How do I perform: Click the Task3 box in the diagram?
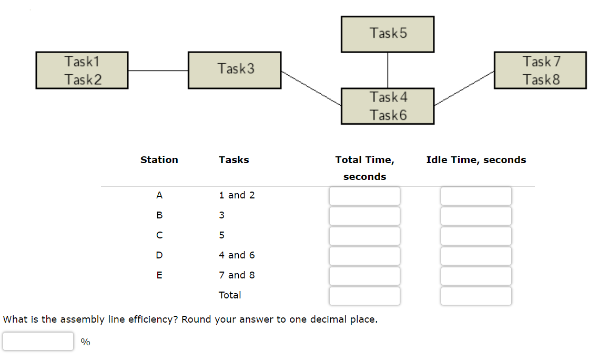click(x=235, y=69)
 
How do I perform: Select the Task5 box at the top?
click(x=388, y=34)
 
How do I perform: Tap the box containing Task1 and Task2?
click(x=82, y=70)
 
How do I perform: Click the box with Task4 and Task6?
click(x=388, y=106)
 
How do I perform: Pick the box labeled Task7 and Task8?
click(x=540, y=70)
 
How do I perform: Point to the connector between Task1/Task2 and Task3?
click(x=158, y=71)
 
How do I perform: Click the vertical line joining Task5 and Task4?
click(x=388, y=70)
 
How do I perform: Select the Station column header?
click(x=159, y=160)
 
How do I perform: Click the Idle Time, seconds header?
click(x=476, y=160)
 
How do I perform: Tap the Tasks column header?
click(x=234, y=160)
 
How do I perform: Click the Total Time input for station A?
click(x=364, y=196)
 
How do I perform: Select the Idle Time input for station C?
click(x=476, y=236)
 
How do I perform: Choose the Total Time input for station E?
click(x=364, y=276)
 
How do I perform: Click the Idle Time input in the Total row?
click(x=476, y=296)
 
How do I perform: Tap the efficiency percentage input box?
click(x=38, y=341)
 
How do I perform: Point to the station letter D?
click(x=159, y=255)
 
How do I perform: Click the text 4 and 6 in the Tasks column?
click(x=237, y=255)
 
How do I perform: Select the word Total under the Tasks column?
click(x=230, y=295)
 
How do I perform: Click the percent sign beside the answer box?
click(x=85, y=343)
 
